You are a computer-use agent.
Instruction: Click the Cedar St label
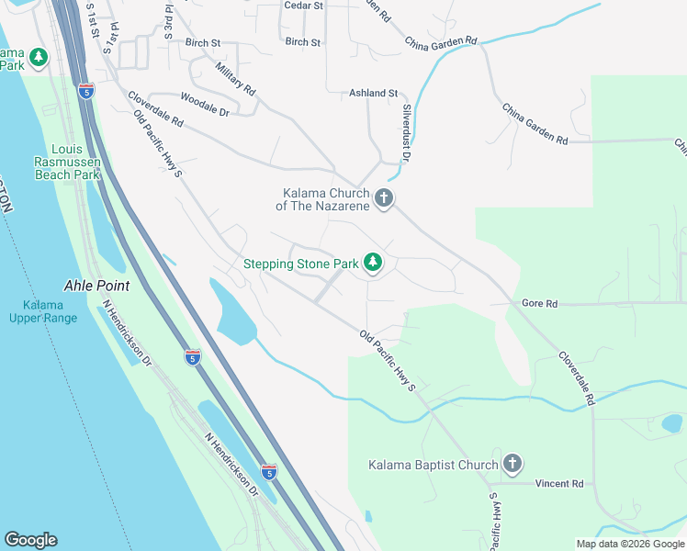pos(304,6)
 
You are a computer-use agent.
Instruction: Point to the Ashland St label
pos(373,94)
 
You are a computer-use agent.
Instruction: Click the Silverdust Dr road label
pos(407,135)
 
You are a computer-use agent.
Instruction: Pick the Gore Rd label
pos(539,303)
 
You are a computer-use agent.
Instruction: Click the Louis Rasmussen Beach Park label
pos(66,162)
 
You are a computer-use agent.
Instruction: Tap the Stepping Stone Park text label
pos(300,264)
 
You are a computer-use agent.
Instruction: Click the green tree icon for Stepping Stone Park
pos(373,264)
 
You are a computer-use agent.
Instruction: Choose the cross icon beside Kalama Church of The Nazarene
pos(384,197)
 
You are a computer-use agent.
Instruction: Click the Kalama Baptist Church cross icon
pos(512,465)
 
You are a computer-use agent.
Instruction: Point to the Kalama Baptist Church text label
pos(433,466)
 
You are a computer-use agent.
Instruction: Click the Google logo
pos(30,540)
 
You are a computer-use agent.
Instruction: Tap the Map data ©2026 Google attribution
pos(630,544)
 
